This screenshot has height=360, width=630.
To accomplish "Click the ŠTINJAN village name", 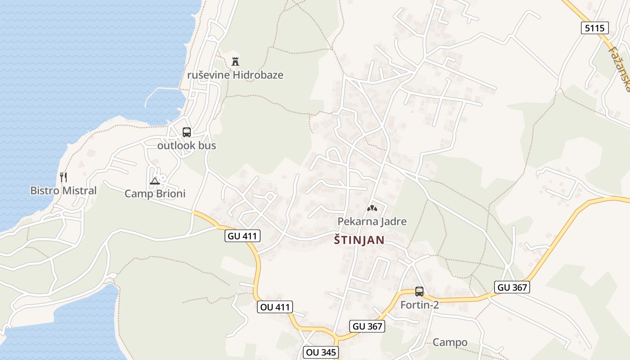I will (x=359, y=240).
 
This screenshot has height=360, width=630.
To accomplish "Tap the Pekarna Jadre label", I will (x=372, y=221).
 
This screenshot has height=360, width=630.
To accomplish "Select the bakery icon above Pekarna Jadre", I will (x=372, y=208).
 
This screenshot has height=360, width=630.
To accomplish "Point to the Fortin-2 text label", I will (x=419, y=305).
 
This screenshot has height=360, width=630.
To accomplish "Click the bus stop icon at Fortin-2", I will (x=419, y=292).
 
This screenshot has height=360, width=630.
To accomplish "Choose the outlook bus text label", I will (x=186, y=145).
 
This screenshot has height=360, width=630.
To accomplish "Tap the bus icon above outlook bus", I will (x=186, y=132).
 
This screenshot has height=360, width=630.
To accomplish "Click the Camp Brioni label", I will (x=155, y=194).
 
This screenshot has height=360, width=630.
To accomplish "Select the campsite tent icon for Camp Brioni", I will (x=155, y=181).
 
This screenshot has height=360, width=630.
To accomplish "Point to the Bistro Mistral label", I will (x=63, y=190).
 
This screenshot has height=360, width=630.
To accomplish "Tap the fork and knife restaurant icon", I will (x=63, y=177).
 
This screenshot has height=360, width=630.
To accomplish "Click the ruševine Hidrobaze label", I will (x=235, y=75).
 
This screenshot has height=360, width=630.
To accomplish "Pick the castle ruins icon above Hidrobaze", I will (x=235, y=61).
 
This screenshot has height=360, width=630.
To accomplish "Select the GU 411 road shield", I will (x=243, y=235).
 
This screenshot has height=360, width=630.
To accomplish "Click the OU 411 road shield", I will (x=275, y=307).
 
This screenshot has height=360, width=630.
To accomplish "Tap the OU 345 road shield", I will (x=321, y=352).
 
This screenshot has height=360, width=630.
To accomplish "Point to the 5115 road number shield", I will (x=594, y=28).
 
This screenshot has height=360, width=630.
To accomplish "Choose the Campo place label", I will (x=450, y=342).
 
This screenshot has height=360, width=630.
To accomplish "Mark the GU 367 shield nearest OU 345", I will (x=367, y=326).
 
